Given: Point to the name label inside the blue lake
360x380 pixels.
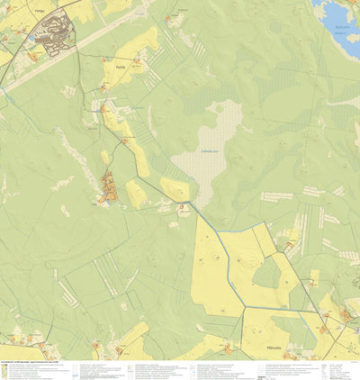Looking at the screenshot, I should [340, 27].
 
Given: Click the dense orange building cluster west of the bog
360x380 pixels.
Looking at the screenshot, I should [110, 189].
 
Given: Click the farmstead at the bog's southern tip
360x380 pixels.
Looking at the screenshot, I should [184, 208].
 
